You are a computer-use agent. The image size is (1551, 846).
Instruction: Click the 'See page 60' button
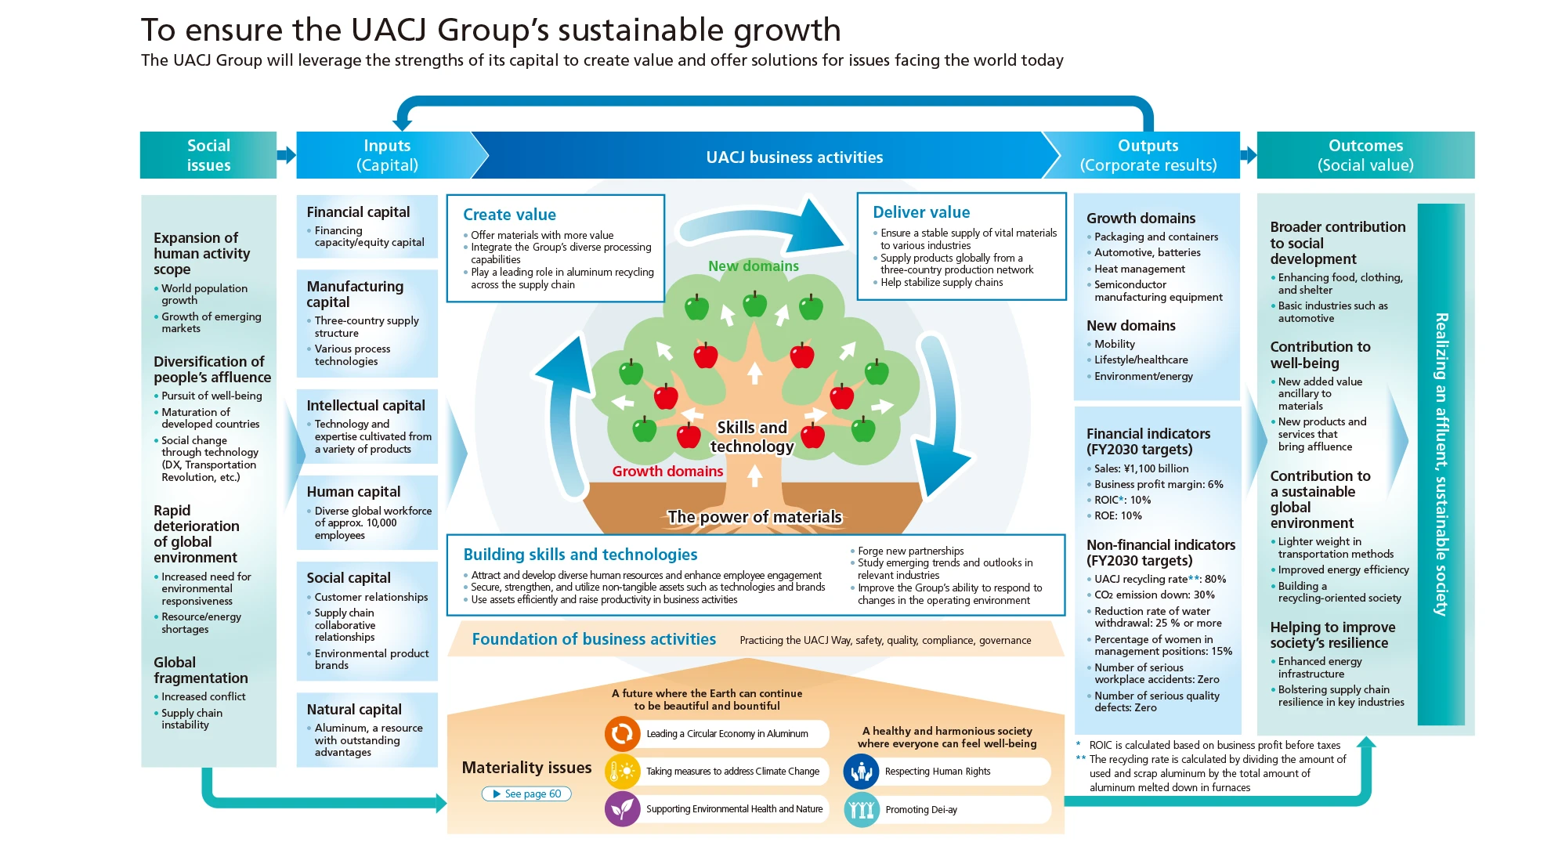pyautogui.click(x=526, y=794)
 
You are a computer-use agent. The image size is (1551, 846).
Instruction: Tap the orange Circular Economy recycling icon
pyautogui.click(x=622, y=733)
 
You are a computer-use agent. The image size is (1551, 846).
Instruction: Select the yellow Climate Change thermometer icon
pyautogui.click(x=622, y=771)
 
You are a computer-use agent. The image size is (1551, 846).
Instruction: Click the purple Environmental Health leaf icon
pyautogui.click(x=622, y=808)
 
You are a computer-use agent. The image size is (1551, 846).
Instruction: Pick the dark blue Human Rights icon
pyautogui.click(x=861, y=772)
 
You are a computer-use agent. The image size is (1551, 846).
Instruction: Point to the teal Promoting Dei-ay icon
pyautogui.click(x=861, y=809)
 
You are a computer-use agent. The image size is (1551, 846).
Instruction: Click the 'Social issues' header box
pyautogui.click(x=208, y=155)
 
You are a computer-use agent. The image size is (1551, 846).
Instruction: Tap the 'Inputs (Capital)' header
pyautogui.click(x=387, y=155)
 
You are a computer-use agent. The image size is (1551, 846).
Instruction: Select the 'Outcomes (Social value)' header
pyautogui.click(x=1365, y=155)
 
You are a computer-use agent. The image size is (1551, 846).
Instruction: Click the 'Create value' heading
pyautogui.click(x=509, y=215)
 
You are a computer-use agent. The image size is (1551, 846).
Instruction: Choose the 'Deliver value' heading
pyautogui.click(x=921, y=212)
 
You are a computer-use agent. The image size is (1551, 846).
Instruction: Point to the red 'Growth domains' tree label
pyautogui.click(x=667, y=471)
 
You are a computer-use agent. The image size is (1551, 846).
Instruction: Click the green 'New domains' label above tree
pyautogui.click(x=753, y=266)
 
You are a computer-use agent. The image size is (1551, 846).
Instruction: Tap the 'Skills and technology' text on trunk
pyautogui.click(x=752, y=437)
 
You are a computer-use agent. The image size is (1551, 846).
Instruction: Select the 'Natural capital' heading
pyautogui.click(x=354, y=709)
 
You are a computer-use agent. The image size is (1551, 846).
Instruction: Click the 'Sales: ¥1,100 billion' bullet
pyautogui.click(x=1141, y=468)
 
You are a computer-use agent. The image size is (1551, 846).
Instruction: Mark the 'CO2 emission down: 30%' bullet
pyautogui.click(x=1154, y=595)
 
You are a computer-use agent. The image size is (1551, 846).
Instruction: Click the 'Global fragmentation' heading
pyautogui.click(x=201, y=670)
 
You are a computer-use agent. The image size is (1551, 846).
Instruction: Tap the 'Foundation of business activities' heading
pyautogui.click(x=594, y=639)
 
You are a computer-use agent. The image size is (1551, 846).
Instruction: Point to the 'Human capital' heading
pyautogui.click(x=353, y=491)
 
